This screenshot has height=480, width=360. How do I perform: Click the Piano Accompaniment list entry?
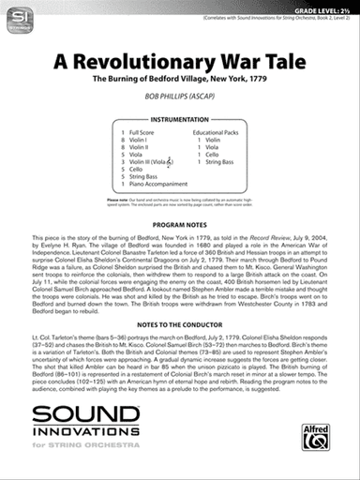pos(157,184)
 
